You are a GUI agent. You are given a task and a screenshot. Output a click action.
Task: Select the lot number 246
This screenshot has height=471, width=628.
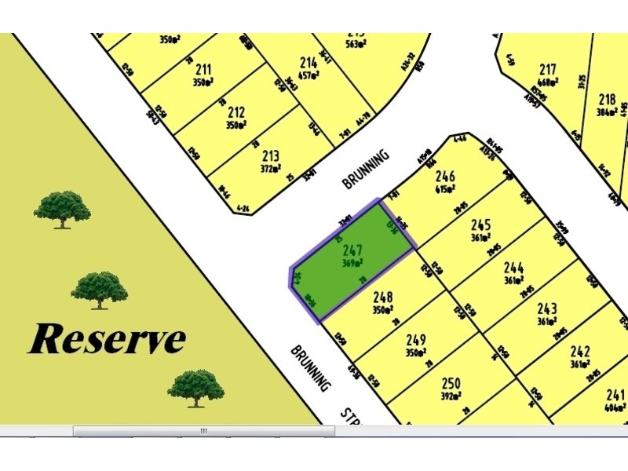[445, 177]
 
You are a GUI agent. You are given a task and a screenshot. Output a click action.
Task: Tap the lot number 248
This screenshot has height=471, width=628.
[383, 298]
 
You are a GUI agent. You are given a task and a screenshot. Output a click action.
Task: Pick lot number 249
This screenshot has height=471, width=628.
[416, 339]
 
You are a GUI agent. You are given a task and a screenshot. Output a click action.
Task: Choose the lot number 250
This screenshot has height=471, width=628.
[451, 383]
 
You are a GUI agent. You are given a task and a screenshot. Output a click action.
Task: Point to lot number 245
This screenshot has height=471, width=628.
[480, 224]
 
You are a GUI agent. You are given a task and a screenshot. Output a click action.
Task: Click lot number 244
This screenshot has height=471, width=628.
[514, 267]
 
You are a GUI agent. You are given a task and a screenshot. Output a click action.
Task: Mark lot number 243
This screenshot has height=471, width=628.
[547, 309]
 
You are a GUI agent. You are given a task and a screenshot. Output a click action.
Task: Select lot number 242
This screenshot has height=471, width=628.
[580, 351]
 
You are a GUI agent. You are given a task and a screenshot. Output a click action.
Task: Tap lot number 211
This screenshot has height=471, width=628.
[203, 70]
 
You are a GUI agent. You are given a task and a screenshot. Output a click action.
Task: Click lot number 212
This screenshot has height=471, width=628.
[236, 112]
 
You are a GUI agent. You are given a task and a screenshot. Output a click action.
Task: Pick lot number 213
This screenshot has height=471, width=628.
[270, 155]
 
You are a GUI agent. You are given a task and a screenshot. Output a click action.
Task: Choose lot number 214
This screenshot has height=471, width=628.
[309, 63]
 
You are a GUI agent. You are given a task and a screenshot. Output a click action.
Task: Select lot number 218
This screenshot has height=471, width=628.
[606, 99]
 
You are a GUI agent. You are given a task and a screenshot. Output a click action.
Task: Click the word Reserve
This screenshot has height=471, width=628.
[108, 339]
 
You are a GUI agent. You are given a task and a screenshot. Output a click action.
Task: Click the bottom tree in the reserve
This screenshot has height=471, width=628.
[195, 387]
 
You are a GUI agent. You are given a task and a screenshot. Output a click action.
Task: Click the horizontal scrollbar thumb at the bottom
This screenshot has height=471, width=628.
[203, 431]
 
